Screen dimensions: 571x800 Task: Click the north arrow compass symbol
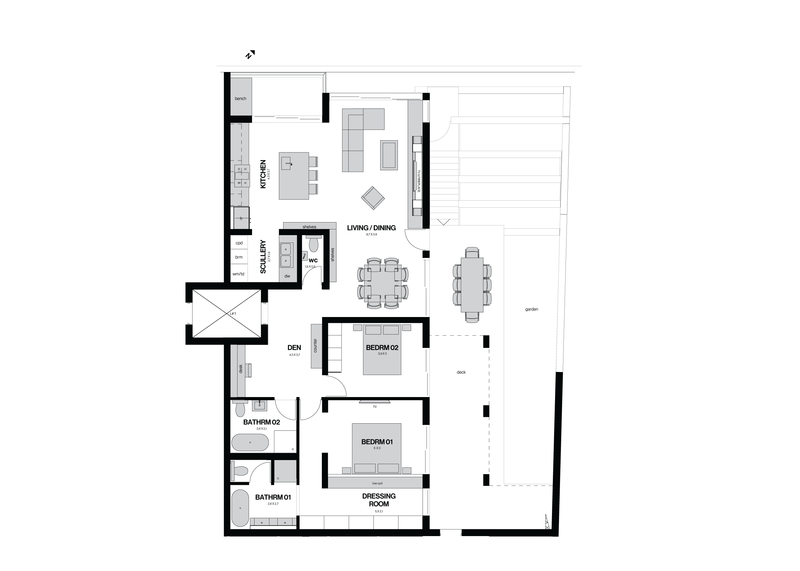(x=250, y=54)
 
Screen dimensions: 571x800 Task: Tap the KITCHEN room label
(x=263, y=174)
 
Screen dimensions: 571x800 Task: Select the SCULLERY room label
(x=263, y=257)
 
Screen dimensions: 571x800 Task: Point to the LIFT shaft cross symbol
(x=227, y=314)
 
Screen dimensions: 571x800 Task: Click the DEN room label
(x=294, y=348)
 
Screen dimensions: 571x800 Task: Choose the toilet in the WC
(x=313, y=243)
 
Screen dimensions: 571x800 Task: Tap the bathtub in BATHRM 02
(x=250, y=442)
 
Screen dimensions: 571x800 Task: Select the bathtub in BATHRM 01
(x=240, y=508)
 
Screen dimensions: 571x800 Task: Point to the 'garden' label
(x=532, y=309)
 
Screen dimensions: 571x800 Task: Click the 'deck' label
(x=461, y=372)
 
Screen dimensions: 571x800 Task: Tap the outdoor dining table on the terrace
(x=472, y=285)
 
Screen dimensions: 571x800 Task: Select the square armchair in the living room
(x=373, y=198)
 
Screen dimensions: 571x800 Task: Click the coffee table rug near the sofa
(x=389, y=155)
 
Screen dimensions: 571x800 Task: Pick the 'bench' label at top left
(x=240, y=99)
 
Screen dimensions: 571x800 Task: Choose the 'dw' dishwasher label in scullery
(x=287, y=276)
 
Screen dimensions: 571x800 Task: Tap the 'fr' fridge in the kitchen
(x=241, y=218)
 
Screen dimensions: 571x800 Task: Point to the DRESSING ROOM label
(x=379, y=500)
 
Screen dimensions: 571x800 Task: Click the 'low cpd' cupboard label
(x=377, y=484)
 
